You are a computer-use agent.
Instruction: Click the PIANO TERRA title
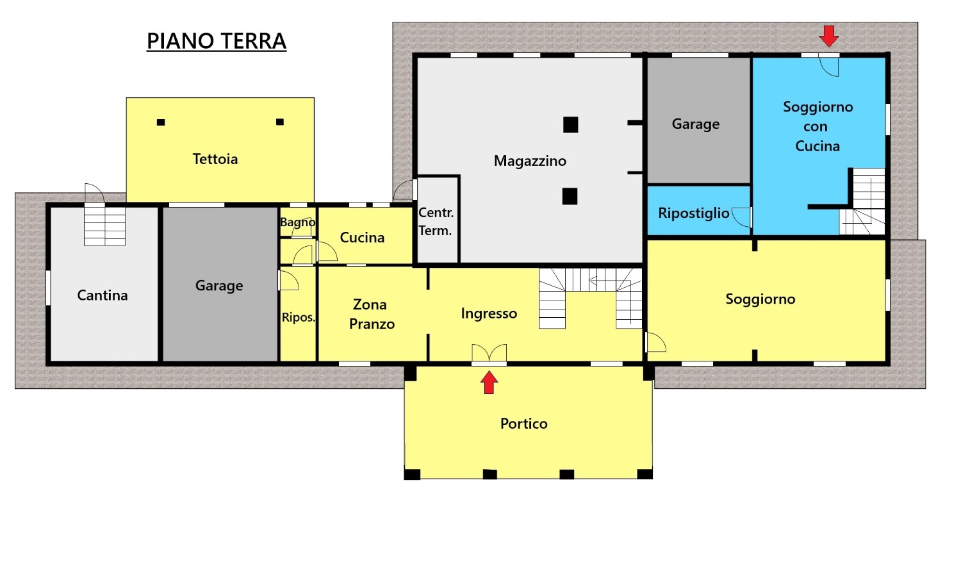click(217, 41)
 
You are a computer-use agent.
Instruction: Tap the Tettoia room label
click(215, 159)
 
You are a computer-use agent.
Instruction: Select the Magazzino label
click(530, 161)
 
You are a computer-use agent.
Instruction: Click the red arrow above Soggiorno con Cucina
click(829, 36)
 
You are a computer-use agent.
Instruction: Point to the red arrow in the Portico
click(489, 383)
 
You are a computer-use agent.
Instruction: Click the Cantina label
click(102, 295)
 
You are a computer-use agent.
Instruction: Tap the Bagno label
click(298, 222)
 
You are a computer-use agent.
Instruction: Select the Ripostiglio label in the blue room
click(694, 213)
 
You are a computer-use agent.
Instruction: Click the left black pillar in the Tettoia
click(161, 122)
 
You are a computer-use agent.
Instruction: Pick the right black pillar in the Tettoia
click(280, 122)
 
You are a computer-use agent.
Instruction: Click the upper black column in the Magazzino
click(571, 125)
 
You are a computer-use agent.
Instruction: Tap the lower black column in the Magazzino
click(570, 197)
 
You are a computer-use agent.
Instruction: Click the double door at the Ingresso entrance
click(489, 354)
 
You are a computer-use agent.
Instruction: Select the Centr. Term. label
click(436, 222)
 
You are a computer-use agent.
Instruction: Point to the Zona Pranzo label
click(371, 314)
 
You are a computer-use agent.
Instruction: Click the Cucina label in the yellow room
click(362, 238)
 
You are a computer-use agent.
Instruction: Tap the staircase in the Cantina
click(104, 226)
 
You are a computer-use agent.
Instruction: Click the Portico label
click(524, 424)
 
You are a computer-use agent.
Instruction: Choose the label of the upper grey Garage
click(695, 124)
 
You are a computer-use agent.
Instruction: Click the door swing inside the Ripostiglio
click(740, 217)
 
